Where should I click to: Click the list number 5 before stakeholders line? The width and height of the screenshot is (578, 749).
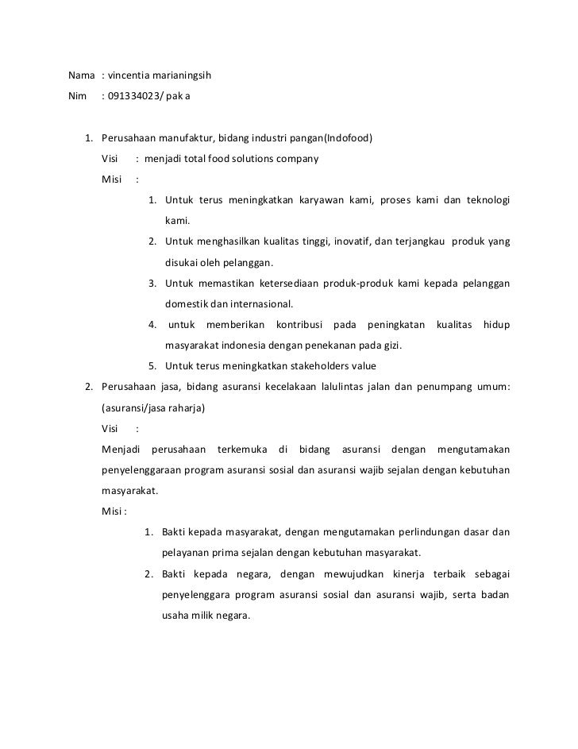(x=151, y=366)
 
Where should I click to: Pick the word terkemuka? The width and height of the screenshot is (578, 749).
(x=241, y=450)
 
